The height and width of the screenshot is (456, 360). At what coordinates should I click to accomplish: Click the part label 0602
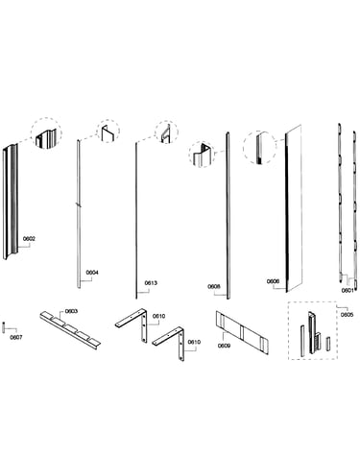(29, 239)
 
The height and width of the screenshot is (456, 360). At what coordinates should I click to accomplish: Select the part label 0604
(92, 273)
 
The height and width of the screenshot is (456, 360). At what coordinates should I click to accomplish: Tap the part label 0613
(151, 283)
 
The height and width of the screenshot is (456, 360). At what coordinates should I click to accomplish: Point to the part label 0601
(348, 291)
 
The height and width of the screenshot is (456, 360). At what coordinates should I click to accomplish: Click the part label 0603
(71, 311)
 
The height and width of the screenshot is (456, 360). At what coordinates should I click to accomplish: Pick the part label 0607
(16, 337)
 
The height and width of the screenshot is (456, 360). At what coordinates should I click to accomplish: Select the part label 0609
(224, 346)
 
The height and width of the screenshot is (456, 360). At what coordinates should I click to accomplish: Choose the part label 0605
(347, 315)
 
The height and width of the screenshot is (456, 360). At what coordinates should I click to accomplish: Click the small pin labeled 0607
(4, 327)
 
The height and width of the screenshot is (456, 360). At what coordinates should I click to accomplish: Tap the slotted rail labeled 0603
(70, 330)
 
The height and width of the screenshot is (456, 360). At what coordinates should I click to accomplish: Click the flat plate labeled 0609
(242, 333)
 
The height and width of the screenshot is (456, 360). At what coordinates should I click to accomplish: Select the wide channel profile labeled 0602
(11, 201)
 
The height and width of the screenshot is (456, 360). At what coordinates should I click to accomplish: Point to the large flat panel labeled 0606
(294, 208)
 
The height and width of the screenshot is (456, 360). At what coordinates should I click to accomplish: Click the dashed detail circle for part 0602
(46, 132)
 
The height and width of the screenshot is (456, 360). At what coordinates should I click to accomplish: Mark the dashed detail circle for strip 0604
(108, 131)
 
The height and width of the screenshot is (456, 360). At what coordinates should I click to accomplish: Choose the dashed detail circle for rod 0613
(166, 132)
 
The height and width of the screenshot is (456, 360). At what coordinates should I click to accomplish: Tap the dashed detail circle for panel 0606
(259, 148)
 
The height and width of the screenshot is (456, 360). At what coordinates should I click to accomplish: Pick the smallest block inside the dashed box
(327, 343)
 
